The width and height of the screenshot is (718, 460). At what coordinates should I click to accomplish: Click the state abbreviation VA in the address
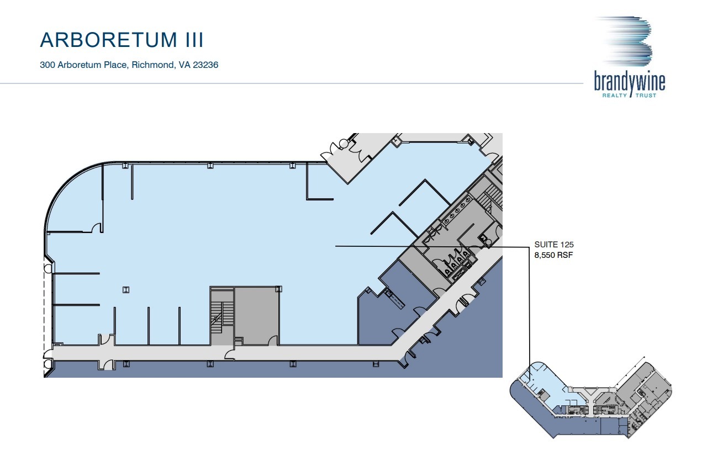pyautogui.click(x=183, y=65)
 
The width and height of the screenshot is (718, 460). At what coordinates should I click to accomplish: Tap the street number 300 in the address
pyautogui.click(x=47, y=65)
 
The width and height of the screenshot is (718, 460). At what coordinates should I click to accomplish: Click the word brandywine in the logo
pyautogui.click(x=629, y=82)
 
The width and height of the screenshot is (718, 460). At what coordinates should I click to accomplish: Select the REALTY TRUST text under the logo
pyautogui.click(x=629, y=95)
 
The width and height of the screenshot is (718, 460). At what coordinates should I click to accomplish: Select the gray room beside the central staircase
pyautogui.click(x=256, y=315)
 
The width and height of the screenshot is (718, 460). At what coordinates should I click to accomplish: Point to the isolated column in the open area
pyautogui.click(x=126, y=289)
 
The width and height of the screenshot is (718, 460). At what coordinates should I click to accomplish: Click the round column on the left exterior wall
pyautogui.click(x=48, y=269)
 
